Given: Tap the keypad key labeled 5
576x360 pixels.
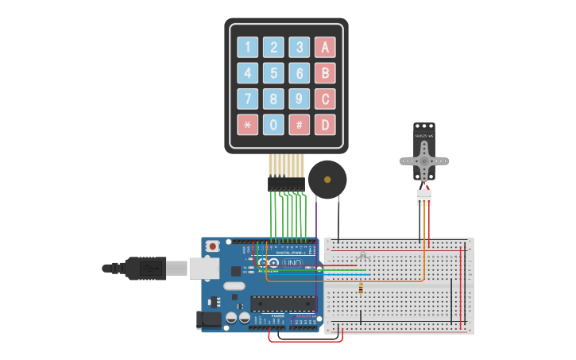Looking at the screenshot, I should click(x=273, y=74).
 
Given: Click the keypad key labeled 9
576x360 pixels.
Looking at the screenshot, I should click(x=299, y=99).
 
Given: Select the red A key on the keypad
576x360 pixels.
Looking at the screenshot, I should click(x=324, y=48).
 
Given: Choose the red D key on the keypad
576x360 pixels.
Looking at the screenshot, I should click(x=324, y=125).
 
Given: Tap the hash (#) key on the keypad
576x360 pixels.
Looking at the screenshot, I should click(x=299, y=125).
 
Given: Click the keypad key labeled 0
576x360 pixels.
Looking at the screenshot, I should click(x=273, y=125).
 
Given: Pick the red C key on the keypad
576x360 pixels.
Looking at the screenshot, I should click(x=324, y=99).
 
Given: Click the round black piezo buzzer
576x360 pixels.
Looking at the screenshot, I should click(x=327, y=180).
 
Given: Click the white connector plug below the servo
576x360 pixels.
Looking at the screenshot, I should click(x=424, y=195).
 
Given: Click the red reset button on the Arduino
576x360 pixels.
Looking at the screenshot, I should click(x=212, y=247).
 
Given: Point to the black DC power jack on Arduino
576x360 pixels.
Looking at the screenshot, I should click(x=208, y=319).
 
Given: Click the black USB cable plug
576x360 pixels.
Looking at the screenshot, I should click(x=148, y=269).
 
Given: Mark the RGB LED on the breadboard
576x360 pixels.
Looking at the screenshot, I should click(x=363, y=257).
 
